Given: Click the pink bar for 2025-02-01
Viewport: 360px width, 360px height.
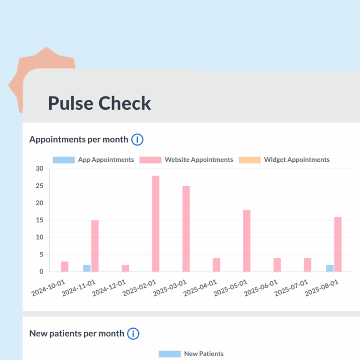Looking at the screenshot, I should coord(156,224).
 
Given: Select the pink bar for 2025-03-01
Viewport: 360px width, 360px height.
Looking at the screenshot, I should coord(186,229).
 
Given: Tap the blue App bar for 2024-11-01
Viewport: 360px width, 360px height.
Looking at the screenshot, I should coord(87,268).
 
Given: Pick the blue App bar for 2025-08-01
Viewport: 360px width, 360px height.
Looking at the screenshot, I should coord(330,268).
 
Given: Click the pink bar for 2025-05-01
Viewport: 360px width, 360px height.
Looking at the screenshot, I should coord(247,240).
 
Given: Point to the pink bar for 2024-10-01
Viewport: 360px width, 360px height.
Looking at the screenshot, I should coord(65,266).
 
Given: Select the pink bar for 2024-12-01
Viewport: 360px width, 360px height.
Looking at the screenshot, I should coord(125,268).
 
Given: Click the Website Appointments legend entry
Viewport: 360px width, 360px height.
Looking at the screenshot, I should coord(192,160).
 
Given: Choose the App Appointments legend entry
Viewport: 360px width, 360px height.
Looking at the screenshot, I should coord(93,160).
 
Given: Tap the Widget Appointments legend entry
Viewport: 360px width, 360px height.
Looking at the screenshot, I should coord(284,160).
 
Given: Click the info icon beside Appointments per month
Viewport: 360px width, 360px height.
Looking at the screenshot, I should coord(137,139).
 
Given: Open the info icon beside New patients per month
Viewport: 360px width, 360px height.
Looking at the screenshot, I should coord(133,334).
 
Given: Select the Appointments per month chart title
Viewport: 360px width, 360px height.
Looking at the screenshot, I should coord(78,139).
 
